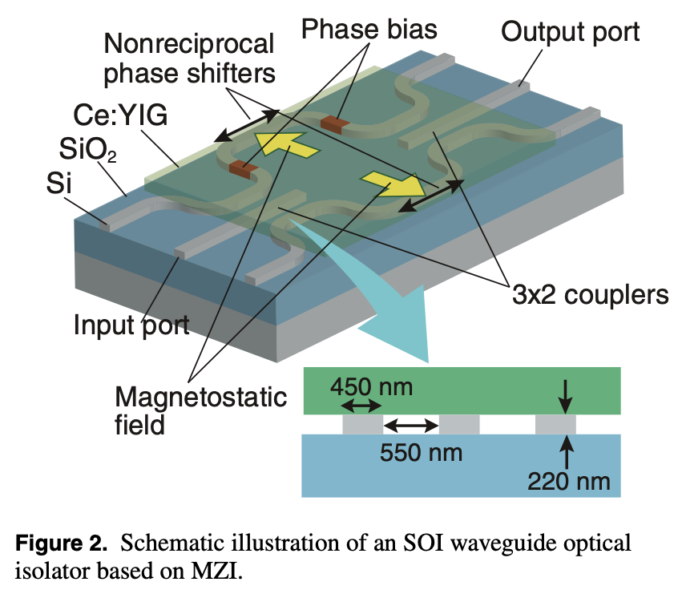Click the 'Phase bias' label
coord(369,30)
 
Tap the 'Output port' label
coord(570,31)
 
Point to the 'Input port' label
coord(131,325)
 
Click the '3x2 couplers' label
coord(591,294)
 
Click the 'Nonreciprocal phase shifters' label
coord(189,57)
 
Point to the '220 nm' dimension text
coord(570,482)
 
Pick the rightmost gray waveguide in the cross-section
coord(555,423)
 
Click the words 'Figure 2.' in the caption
coord(61,543)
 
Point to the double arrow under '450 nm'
coord(362,406)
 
